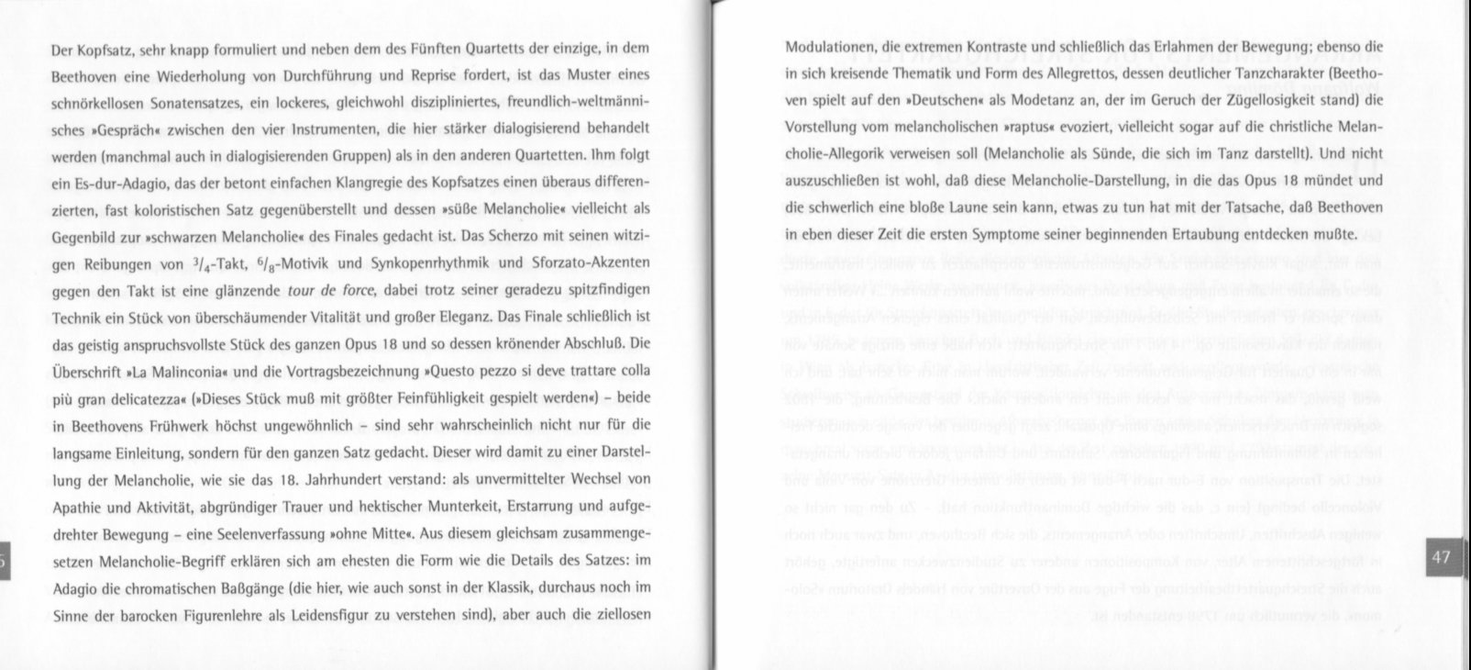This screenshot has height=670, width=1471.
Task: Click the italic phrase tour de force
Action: [330, 290]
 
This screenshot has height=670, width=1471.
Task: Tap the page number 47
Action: [1441, 556]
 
